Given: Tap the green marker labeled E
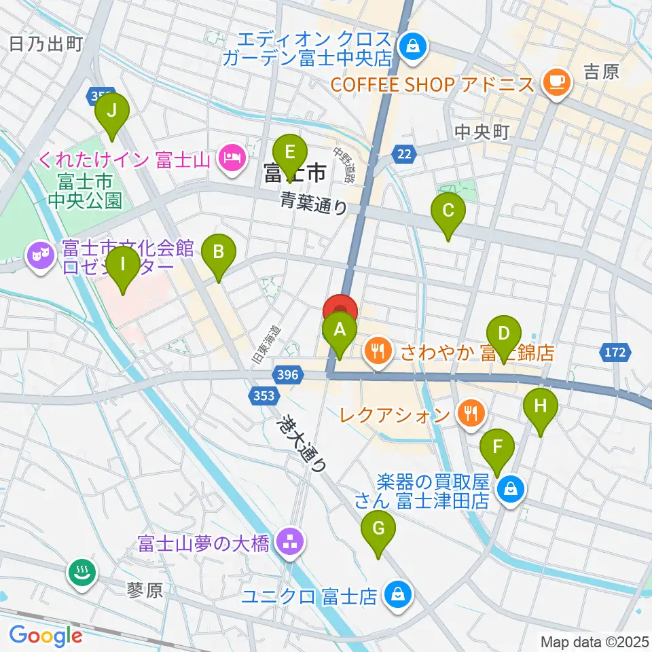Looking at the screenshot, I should coord(289,151).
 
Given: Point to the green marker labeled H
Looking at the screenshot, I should coord(541,407).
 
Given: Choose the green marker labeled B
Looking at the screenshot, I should coord(219,253).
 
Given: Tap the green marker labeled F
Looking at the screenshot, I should coord(498,448).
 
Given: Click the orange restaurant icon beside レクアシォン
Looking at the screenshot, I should coord(469,412).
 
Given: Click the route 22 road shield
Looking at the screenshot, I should coord(404,155).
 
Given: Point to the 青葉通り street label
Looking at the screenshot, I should coord(314,202).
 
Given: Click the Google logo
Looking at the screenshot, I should coord(46,636).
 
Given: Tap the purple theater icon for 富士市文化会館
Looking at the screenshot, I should coord(40,256).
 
